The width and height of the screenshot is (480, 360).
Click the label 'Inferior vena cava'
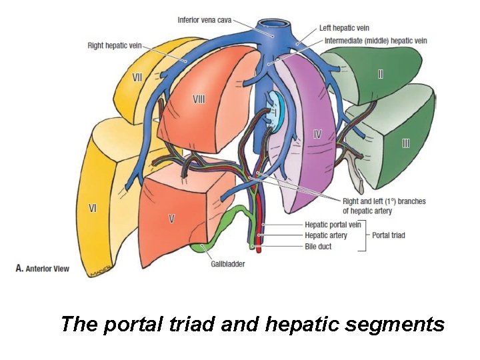204,20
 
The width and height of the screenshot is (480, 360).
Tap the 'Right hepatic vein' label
114,46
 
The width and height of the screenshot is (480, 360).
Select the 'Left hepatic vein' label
343,28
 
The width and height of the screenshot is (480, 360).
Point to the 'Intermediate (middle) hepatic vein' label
375,41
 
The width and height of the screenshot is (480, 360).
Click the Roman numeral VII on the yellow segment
137,77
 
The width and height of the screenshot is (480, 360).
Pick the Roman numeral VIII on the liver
199,99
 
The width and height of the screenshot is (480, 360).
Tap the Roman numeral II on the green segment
380,74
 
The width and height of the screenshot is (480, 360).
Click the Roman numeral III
405,143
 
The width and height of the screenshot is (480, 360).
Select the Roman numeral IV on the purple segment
318,133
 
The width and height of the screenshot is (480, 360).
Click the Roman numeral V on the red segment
172,218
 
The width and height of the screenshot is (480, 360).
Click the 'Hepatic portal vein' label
333,225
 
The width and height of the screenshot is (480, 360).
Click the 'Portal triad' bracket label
389,235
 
